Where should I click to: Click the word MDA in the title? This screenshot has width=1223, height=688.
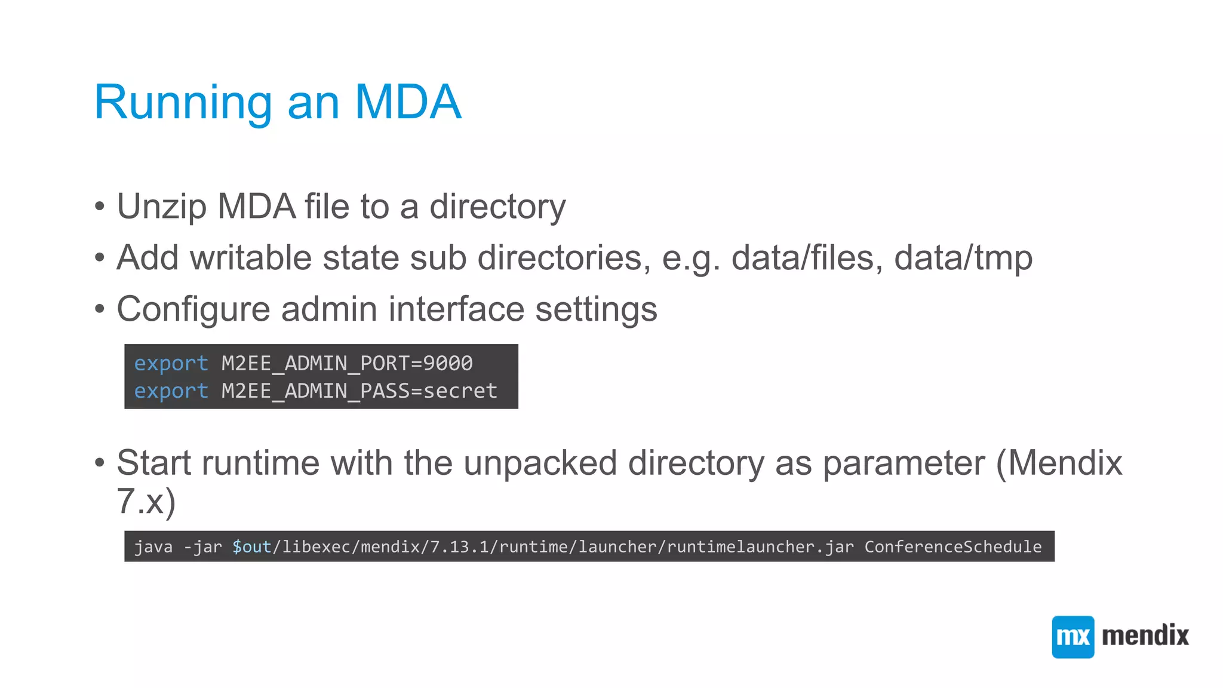click(x=408, y=102)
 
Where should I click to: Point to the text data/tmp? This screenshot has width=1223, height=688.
click(x=963, y=258)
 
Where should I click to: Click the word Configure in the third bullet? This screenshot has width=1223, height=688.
click(x=193, y=310)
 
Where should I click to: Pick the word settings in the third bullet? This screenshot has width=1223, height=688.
click(x=595, y=310)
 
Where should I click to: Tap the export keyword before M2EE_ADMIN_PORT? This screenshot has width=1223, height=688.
click(x=171, y=363)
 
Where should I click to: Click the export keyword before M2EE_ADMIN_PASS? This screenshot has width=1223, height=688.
click(x=171, y=391)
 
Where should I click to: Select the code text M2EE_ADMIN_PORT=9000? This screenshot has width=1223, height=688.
click(x=347, y=363)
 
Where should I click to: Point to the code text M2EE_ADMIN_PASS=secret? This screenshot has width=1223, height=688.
click(x=359, y=391)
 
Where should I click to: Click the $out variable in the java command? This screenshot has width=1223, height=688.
click(x=251, y=546)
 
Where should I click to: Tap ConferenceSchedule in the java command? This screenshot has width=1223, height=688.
click(x=952, y=546)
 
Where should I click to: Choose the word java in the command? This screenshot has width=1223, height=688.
click(x=153, y=546)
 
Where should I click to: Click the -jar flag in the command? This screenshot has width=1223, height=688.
click(x=202, y=546)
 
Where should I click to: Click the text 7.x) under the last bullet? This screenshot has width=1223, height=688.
click(x=146, y=501)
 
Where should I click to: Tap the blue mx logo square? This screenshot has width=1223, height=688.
click(x=1073, y=637)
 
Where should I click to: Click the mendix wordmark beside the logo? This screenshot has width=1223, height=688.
click(x=1145, y=635)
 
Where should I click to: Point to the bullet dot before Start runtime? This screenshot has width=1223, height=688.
click(x=100, y=463)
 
